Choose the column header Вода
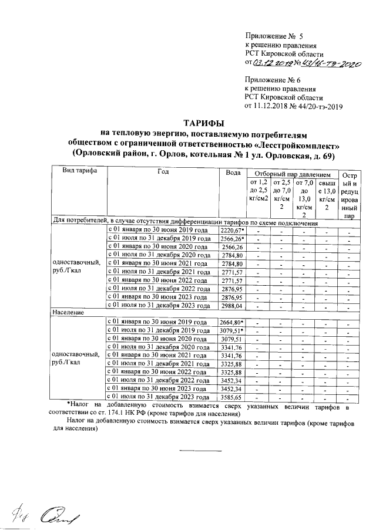tap(233, 171)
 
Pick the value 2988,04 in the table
tap(231, 306)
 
